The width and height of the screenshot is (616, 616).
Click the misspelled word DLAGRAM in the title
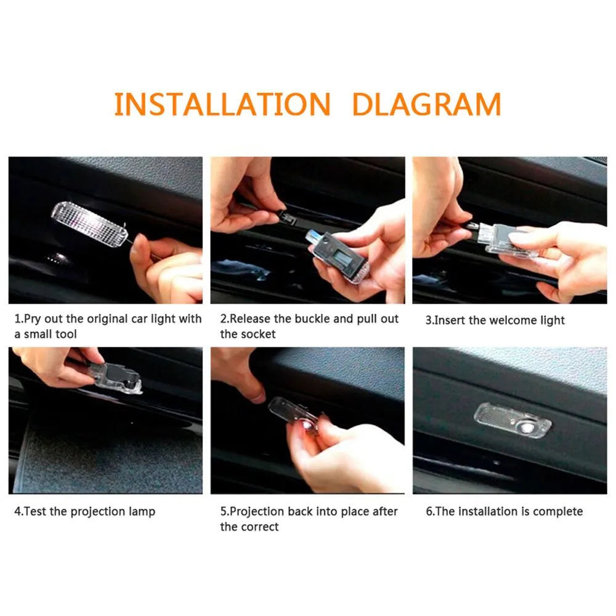[x=426, y=105]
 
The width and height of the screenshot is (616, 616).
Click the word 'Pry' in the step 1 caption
[x=33, y=319]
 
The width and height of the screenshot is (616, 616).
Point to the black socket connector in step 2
[x=286, y=216]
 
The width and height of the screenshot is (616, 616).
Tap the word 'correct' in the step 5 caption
[x=260, y=527]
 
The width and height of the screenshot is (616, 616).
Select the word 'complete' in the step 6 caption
[x=557, y=511]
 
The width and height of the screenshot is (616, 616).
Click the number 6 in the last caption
[x=429, y=511]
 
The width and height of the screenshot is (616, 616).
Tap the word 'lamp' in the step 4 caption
[x=143, y=511]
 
